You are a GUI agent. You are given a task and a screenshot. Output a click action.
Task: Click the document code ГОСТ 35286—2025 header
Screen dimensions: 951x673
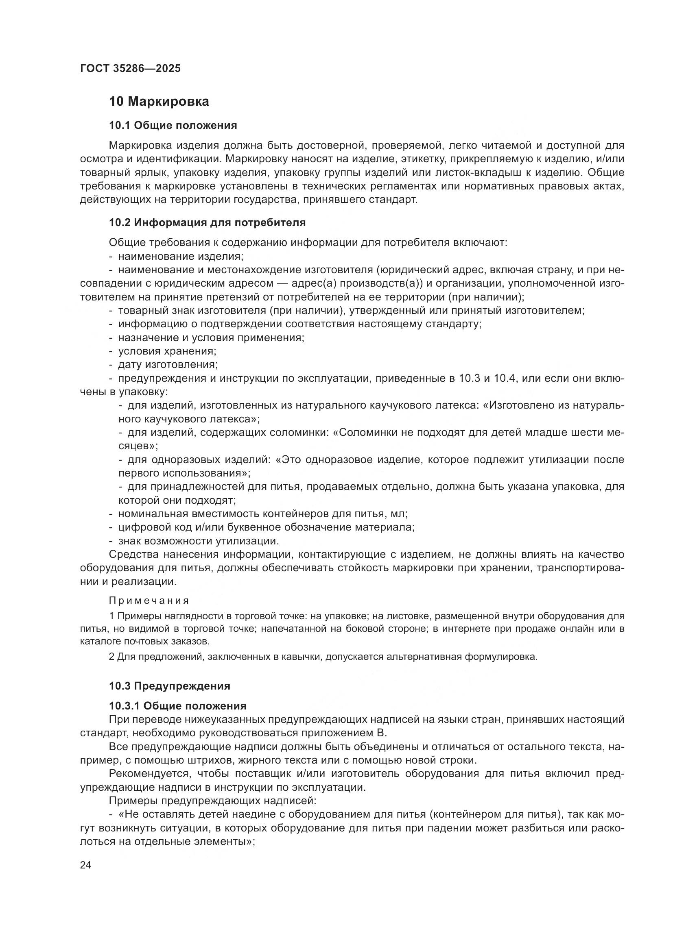pos(131,69)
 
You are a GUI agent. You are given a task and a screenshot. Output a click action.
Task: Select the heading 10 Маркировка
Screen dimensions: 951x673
pos(159,102)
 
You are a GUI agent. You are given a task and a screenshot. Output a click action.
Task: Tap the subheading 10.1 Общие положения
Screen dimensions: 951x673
pos(173,126)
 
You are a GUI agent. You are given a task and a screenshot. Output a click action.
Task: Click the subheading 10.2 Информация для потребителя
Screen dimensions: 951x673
pos(207,223)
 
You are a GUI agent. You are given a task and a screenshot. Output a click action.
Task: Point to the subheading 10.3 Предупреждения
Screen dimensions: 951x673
pos(170,686)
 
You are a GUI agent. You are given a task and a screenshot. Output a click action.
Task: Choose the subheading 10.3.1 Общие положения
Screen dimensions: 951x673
pos(177,706)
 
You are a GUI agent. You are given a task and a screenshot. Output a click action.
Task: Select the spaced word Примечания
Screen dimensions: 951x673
pos(149,601)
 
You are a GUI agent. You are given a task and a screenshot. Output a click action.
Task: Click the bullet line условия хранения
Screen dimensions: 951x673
pos(167,351)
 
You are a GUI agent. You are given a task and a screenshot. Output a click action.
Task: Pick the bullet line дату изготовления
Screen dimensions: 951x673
pos(168,364)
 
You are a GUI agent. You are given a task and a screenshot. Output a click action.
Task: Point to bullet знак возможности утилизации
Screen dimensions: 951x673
pos(199,541)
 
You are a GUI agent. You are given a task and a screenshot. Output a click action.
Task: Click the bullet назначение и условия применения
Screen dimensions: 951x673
pos(211,337)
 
